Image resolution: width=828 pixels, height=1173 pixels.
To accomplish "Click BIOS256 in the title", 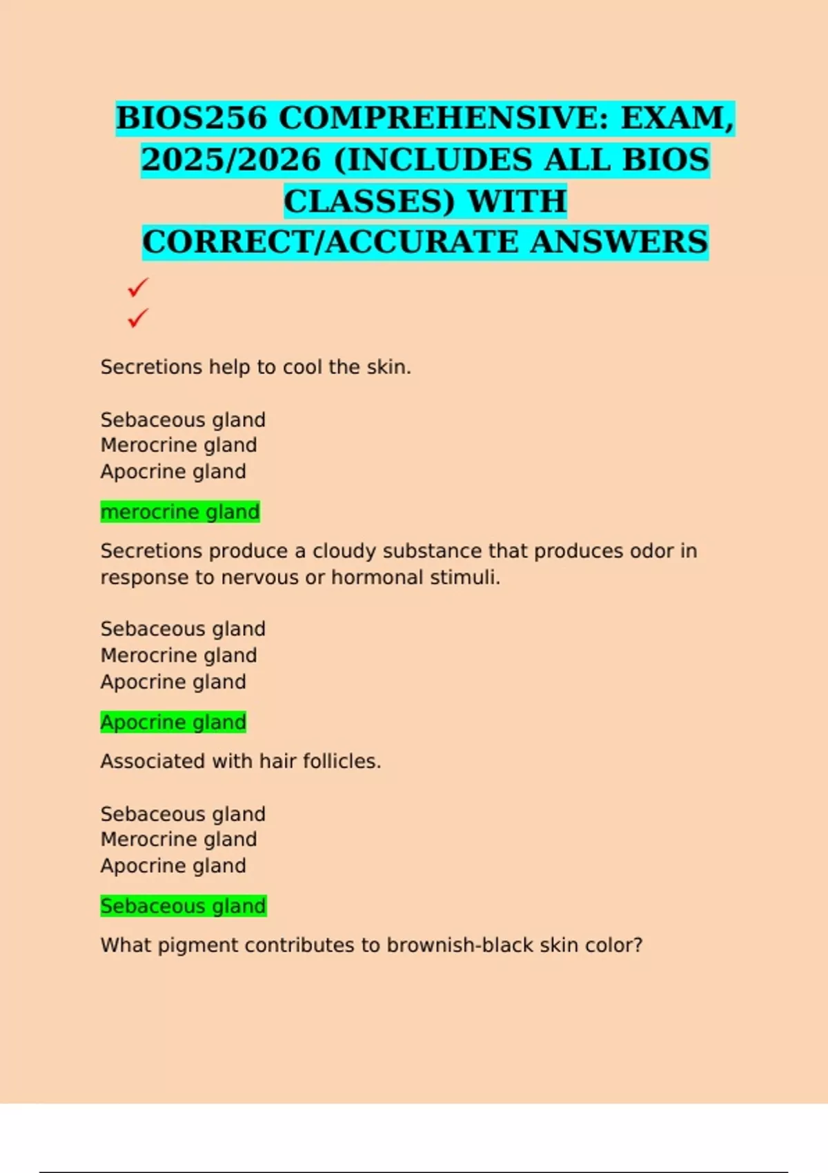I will pyautogui.click(x=191, y=118).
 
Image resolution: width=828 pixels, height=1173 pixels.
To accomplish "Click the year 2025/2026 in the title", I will pyautogui.click(x=231, y=160).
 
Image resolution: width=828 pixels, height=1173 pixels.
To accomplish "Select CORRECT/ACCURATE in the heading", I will pyautogui.click(x=331, y=243).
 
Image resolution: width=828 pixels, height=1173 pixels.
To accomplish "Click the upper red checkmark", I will pyautogui.click(x=138, y=287).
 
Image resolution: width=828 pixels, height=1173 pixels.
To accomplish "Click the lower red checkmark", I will pyautogui.click(x=138, y=318).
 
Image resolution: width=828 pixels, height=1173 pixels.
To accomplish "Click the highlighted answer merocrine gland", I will pyautogui.click(x=180, y=512).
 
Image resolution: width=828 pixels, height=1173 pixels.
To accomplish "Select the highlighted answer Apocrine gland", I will pyautogui.click(x=173, y=722).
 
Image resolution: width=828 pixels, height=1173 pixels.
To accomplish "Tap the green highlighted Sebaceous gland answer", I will pyautogui.click(x=183, y=906).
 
